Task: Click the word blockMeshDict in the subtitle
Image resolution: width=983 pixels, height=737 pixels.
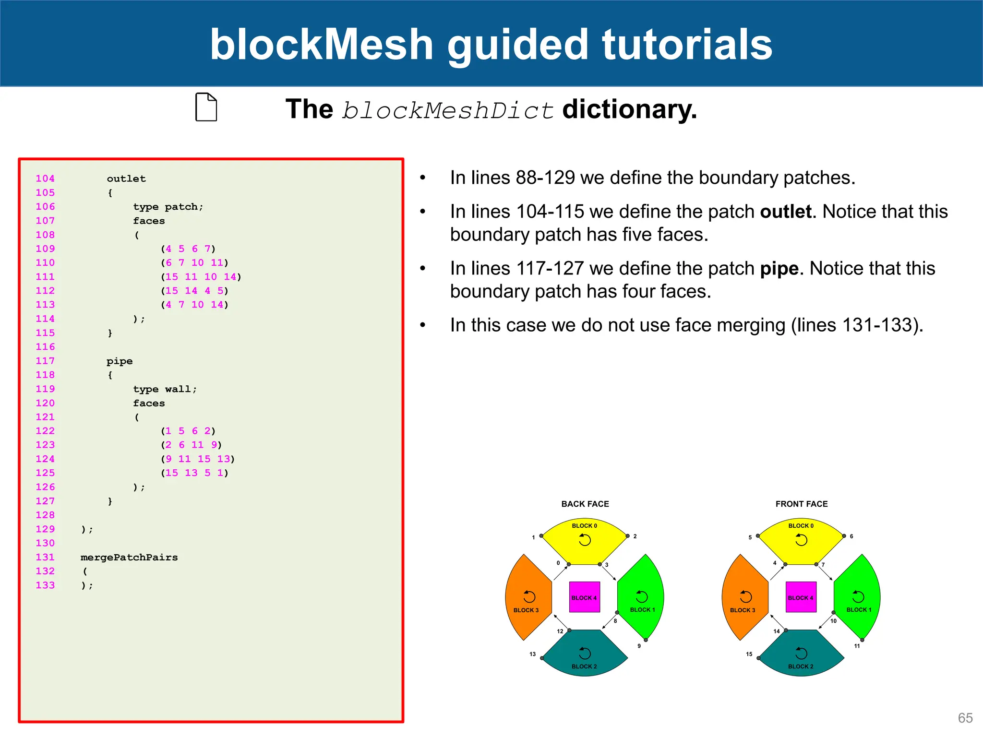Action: tap(448, 110)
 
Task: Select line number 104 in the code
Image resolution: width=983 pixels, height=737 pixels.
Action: tap(45, 178)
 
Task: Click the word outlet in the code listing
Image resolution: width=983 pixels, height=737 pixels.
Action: tap(126, 178)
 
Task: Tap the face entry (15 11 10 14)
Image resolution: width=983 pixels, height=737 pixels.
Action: tap(201, 277)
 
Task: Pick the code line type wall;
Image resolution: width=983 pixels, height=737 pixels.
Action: tap(165, 389)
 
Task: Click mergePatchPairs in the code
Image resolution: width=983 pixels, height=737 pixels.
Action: tap(129, 558)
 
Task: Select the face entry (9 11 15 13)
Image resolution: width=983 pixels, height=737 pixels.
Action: tap(198, 459)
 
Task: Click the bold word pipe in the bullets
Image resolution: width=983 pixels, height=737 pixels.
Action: tap(779, 269)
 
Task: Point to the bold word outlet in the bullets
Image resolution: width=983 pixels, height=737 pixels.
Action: tap(785, 212)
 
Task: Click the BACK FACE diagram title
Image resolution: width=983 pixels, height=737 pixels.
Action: tap(585, 504)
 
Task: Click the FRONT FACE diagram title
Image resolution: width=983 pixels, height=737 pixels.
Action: tap(801, 504)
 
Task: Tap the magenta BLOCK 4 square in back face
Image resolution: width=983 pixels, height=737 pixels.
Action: tap(584, 597)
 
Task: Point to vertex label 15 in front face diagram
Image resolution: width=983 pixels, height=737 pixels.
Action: tap(749, 654)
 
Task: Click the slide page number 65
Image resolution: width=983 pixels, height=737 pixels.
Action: tap(965, 718)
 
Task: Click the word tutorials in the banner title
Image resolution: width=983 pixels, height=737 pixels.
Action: tap(687, 44)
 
